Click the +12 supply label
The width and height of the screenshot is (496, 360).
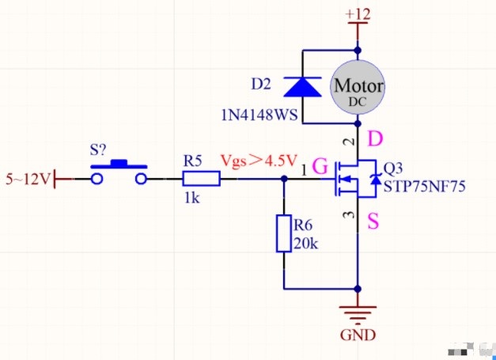pos(358,14)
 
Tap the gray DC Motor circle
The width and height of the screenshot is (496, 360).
pos(358,87)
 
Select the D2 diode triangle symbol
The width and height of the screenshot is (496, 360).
pos(303,87)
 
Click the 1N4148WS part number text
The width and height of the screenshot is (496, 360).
pos(259,116)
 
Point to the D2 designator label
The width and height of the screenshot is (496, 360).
pos(261,84)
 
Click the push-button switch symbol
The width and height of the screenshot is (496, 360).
pos(119,172)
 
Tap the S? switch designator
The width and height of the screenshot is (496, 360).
pos(98,150)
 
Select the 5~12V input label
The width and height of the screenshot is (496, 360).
pos(28,180)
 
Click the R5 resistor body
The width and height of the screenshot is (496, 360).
pos(201,179)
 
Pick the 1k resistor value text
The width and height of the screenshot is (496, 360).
pos(191,199)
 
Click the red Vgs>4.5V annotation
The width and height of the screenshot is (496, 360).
pos(259,161)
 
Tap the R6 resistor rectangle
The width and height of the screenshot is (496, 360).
pos(284,233)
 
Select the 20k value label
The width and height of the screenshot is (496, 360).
pos(306,244)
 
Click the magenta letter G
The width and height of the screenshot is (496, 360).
pos(320,166)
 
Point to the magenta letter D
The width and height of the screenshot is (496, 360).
pos(375,139)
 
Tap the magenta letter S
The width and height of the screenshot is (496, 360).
pos(373,221)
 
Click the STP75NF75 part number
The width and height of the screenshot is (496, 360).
pos(425,187)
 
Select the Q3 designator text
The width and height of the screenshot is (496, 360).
pos(393,169)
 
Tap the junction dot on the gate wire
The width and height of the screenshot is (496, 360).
pos(284,179)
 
